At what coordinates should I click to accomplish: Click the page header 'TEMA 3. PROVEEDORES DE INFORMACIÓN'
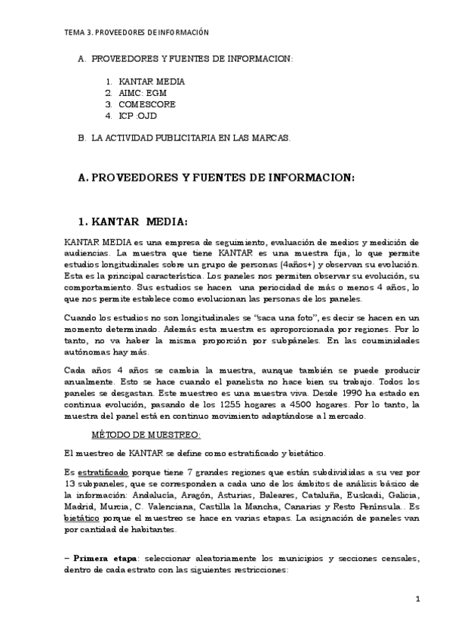(136, 33)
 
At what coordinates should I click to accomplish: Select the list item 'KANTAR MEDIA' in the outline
(152, 81)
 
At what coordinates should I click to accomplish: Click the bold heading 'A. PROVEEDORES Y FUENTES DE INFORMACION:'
(216, 178)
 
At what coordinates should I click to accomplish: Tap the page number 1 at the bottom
(417, 599)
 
